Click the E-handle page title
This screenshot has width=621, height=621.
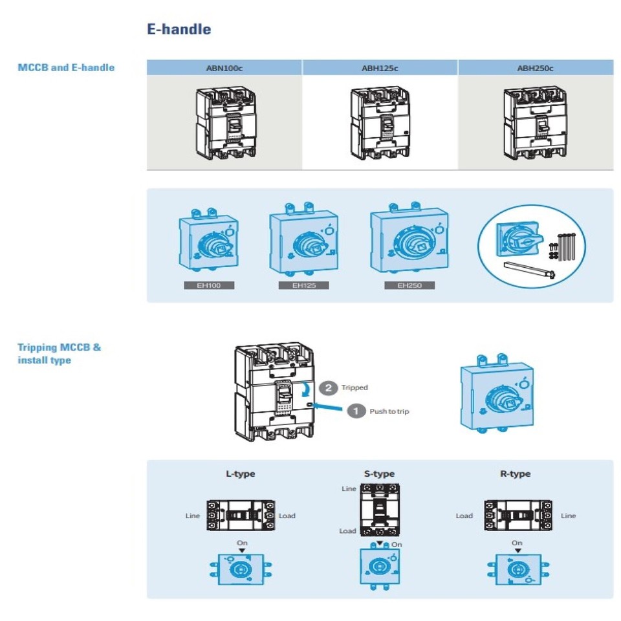pos(179,29)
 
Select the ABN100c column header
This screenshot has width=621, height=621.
pos(224,68)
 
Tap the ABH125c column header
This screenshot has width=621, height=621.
pos(380,68)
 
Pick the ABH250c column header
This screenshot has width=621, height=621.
pos(535,68)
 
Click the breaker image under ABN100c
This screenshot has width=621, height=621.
pos(224,123)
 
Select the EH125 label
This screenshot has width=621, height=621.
pos(303,285)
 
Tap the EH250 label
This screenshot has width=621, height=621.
pos(409,285)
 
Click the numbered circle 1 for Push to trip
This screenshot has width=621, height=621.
pos(356,411)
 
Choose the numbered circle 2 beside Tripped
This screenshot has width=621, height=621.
pos(329,387)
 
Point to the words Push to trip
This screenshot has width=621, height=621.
pos(389,411)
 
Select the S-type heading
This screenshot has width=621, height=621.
pos(379,474)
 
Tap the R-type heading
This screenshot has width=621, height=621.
pos(515,474)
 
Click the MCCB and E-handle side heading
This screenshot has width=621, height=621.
pos(66,67)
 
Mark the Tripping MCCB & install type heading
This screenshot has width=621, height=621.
pos(59,353)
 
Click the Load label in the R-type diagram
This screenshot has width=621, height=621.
pos(464,516)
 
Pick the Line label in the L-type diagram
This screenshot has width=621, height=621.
pos(192,516)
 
